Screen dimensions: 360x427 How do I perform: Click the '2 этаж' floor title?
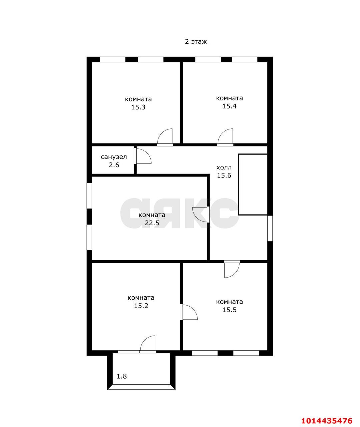[x=196, y=42]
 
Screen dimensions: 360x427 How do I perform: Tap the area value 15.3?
[x=138, y=107]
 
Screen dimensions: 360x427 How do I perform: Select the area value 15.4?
[x=229, y=106]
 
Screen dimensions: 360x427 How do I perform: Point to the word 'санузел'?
[x=114, y=157]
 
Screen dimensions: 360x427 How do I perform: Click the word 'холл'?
[x=224, y=167]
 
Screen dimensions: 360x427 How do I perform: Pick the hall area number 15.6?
[x=224, y=175]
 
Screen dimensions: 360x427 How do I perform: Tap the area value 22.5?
[x=152, y=223]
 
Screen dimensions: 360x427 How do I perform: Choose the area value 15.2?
[x=141, y=306]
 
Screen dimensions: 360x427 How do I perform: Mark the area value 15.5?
[x=229, y=310]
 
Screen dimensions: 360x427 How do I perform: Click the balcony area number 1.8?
[x=122, y=376]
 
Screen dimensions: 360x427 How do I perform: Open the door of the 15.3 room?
[x=165, y=137]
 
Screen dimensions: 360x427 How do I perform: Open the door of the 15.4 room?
[x=225, y=137]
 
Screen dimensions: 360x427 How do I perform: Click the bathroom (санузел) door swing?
[x=143, y=156]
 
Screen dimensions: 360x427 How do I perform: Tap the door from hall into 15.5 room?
[x=232, y=269]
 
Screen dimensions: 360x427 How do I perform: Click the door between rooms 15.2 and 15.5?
[x=189, y=312]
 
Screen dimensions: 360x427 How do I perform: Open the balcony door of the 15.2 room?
[x=148, y=344]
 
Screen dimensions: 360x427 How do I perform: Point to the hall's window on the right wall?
[x=270, y=228]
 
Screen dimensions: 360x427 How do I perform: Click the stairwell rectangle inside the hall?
[x=253, y=185]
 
